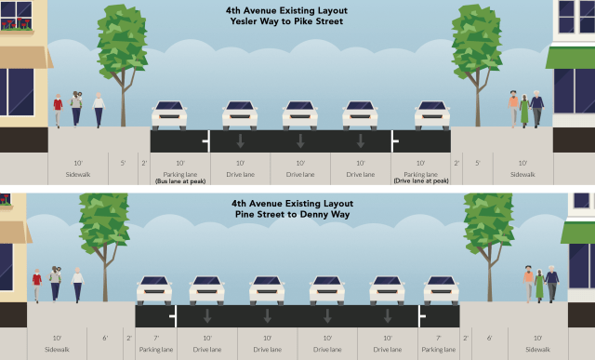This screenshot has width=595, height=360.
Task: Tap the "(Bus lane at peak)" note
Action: coord(180,181)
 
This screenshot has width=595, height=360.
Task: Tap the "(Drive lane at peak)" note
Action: coord(420,181)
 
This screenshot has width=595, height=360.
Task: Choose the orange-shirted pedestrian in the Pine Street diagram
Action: coord(528,284)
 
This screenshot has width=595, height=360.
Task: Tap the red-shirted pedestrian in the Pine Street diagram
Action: coord(37,284)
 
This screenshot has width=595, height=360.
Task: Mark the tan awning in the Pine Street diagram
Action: coord(15,233)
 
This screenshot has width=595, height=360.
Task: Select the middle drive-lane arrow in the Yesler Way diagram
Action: coord(300,140)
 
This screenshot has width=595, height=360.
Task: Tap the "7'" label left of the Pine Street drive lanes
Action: coord(156,338)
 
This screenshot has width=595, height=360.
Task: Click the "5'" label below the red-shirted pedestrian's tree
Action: coord(123,163)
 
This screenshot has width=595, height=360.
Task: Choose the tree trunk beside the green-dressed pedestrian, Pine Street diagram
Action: coord(487,279)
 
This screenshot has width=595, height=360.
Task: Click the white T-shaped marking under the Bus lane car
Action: coord(206,141)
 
